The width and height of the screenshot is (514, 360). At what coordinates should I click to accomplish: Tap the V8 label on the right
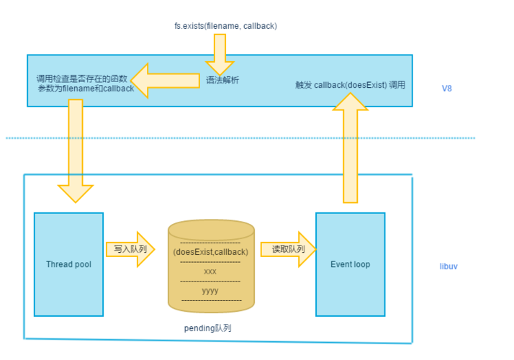tap(447, 88)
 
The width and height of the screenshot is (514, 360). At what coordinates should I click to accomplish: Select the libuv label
tap(448, 266)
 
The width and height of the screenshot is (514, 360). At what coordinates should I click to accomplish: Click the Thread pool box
tap(68, 264)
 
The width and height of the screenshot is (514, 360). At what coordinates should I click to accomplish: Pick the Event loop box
tap(350, 264)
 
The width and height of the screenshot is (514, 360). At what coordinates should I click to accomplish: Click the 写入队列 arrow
tap(130, 249)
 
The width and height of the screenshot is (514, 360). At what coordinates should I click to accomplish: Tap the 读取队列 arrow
tap(287, 249)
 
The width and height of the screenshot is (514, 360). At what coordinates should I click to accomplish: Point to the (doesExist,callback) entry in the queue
tap(210, 252)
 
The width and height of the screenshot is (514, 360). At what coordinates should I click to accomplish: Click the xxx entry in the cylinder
tap(210, 271)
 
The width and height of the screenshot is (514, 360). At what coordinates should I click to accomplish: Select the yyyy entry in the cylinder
tap(210, 291)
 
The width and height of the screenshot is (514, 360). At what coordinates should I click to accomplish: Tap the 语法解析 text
tap(222, 80)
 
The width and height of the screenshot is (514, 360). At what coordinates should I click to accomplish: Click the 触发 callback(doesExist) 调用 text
tap(350, 85)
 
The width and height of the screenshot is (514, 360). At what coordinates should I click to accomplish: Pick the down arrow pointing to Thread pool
tap(75, 151)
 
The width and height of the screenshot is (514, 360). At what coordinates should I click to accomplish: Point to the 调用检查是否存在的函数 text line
tap(82, 78)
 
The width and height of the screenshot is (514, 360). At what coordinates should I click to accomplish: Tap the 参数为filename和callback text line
tap(86, 88)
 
